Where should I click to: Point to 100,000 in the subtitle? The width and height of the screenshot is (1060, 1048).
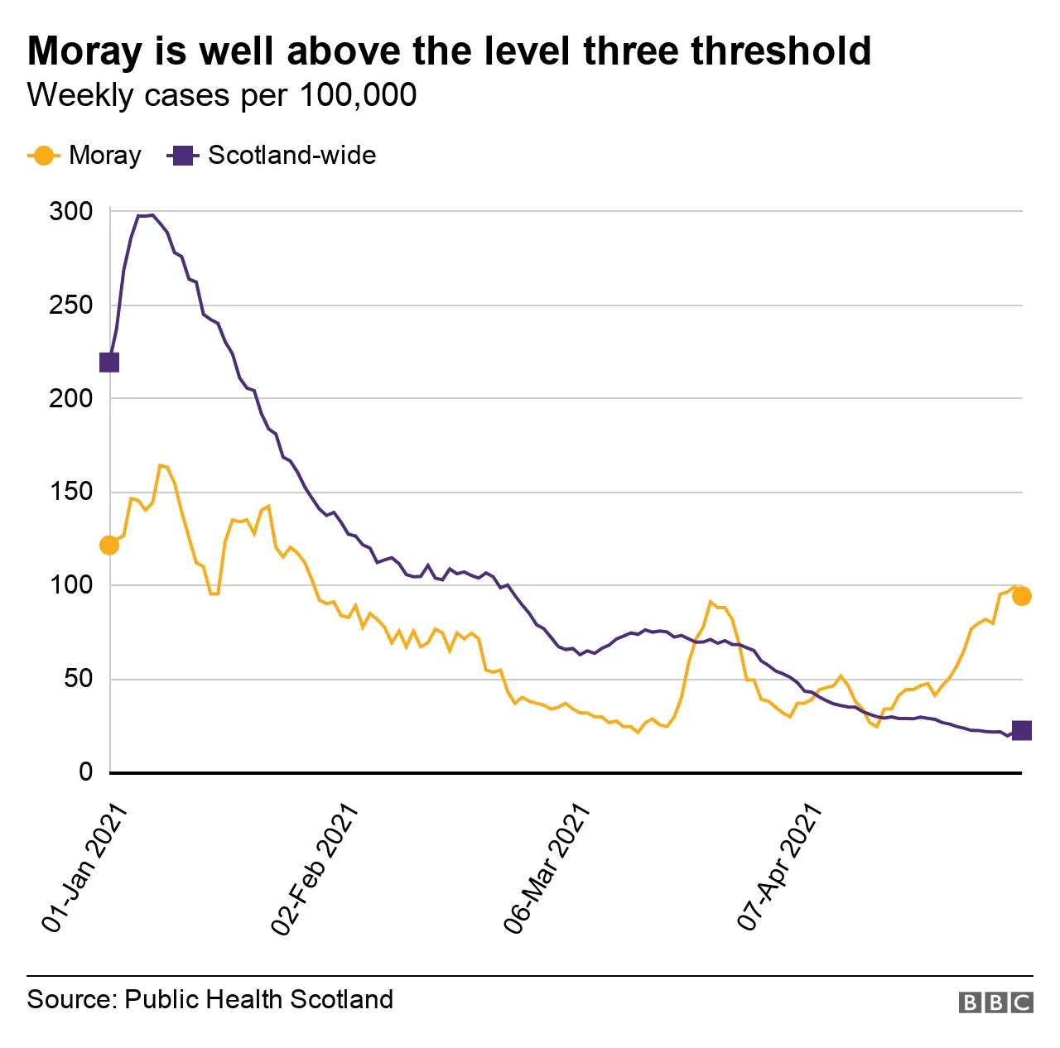pyautogui.click(x=358, y=95)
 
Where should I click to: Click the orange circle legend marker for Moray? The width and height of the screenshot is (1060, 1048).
pyautogui.click(x=43, y=156)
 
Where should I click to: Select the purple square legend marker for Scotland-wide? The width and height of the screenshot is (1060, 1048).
pyautogui.click(x=182, y=156)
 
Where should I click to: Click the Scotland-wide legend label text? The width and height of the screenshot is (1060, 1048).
pyautogui.click(x=291, y=156)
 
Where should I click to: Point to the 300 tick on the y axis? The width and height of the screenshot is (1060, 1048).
pyautogui.click(x=71, y=212)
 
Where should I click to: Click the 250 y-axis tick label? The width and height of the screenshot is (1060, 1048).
pyautogui.click(x=71, y=305)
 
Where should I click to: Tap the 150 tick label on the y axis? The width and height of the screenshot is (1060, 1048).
pyautogui.click(x=71, y=492)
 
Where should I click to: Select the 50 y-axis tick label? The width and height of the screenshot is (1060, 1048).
pyautogui.click(x=79, y=679)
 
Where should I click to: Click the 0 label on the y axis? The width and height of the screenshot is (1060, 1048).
pyautogui.click(x=86, y=772)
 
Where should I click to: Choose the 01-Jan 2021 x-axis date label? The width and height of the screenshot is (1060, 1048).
pyautogui.click(x=84, y=868)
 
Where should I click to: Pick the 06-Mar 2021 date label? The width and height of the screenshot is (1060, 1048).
pyautogui.click(x=547, y=868)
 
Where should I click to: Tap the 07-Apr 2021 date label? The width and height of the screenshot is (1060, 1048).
pyautogui.click(x=779, y=868)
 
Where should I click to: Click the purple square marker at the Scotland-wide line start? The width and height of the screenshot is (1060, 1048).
pyautogui.click(x=109, y=363)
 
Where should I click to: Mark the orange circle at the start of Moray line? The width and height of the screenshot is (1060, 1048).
pyautogui.click(x=109, y=545)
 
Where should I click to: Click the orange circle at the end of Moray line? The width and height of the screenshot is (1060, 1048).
pyautogui.click(x=1022, y=596)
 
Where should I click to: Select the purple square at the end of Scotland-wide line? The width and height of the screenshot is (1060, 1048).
pyautogui.click(x=1022, y=730)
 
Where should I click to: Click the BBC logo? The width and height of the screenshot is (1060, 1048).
pyautogui.click(x=995, y=1002)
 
